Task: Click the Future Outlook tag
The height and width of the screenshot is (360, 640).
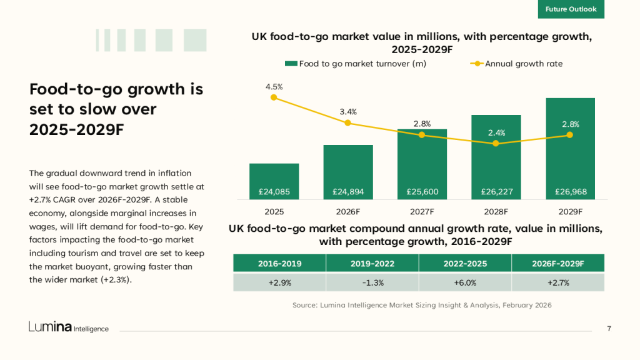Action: [571, 9]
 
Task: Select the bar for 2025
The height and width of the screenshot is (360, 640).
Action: [274, 181]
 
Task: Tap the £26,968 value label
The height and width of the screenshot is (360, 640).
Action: [570, 192]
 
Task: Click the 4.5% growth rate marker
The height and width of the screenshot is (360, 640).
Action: [274, 97]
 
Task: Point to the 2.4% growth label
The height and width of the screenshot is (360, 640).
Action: [496, 132]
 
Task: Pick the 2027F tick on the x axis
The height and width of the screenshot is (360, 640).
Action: [422, 211]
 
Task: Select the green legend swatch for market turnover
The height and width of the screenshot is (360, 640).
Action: [291, 64]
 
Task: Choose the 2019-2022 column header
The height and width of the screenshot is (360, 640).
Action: [372, 263]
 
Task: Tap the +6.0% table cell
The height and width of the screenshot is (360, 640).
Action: [464, 282]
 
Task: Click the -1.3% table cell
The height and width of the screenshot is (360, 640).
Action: [372, 282]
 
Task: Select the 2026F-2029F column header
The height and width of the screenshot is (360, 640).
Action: [557, 263]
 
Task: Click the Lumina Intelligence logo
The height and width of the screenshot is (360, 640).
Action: [68, 327]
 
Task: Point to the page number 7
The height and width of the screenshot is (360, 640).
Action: [609, 329]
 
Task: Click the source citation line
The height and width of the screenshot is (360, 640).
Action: [422, 305]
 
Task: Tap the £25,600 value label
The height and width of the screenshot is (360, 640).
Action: [422, 192]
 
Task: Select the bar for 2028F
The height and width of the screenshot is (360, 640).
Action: [496, 156]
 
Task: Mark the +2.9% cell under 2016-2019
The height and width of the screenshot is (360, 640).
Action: [279, 282]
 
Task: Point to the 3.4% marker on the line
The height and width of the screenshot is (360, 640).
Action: [348, 122]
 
